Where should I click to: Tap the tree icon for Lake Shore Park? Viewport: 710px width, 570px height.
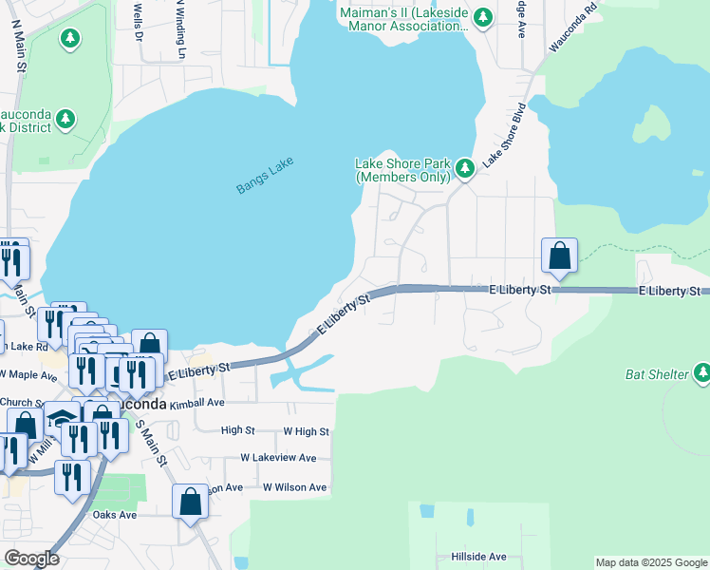[x=464, y=169]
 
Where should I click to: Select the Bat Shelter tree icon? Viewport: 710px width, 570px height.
[x=701, y=374]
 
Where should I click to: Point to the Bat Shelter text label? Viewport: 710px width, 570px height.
[x=656, y=374]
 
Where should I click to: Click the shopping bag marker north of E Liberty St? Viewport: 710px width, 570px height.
[x=559, y=256]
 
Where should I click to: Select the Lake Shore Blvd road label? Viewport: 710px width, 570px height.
[x=504, y=136]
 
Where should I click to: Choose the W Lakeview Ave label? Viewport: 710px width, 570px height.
[x=278, y=458]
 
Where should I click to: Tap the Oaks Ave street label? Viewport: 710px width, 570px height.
[x=115, y=515]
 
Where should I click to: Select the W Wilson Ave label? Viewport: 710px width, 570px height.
[x=294, y=487]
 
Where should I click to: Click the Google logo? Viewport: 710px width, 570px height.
[x=31, y=558]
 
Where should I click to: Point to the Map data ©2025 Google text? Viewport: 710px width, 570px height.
[x=650, y=562]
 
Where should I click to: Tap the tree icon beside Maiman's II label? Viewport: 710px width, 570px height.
[x=483, y=17]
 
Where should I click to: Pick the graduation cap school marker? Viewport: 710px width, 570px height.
[x=63, y=419]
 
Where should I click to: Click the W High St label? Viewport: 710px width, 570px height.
[x=306, y=431]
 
